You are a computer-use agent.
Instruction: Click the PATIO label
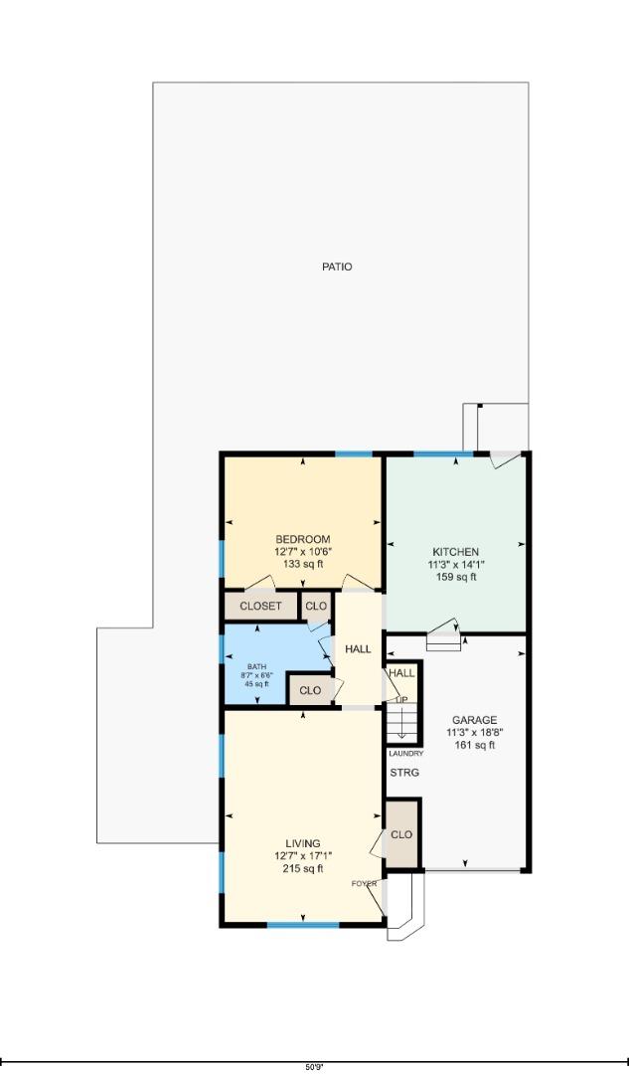pyautogui.click(x=337, y=267)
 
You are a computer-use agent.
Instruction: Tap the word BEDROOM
pyautogui.click(x=303, y=540)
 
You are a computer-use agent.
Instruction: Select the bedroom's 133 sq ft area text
pyautogui.click(x=303, y=564)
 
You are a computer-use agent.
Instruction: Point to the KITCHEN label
pyautogui.click(x=455, y=552)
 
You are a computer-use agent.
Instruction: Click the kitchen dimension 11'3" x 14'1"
pyautogui.click(x=455, y=564)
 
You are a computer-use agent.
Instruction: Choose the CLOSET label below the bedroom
pyautogui.click(x=261, y=607)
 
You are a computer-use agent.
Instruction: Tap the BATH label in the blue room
pyautogui.click(x=256, y=667)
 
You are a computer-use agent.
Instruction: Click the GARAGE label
pyautogui.click(x=474, y=720)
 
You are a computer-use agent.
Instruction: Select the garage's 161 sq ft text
pyautogui.click(x=474, y=744)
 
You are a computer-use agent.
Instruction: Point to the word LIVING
pyautogui.click(x=302, y=844)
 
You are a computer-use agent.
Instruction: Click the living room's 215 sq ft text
pyautogui.click(x=302, y=868)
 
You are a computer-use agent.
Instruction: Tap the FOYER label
pyautogui.click(x=364, y=883)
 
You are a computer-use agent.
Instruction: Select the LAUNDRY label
pyautogui.click(x=405, y=754)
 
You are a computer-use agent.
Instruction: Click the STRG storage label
pyautogui.click(x=402, y=773)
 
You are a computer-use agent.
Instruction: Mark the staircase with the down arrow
pyautogui.click(x=402, y=721)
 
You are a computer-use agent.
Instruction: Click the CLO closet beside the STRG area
pyautogui.click(x=401, y=835)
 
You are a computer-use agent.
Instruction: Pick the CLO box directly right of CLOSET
pyautogui.click(x=316, y=607)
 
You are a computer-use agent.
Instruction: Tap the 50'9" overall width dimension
pyautogui.click(x=314, y=1066)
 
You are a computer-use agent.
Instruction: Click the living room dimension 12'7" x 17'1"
pyautogui.click(x=302, y=856)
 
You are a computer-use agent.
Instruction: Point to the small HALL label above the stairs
pyautogui.click(x=402, y=673)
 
